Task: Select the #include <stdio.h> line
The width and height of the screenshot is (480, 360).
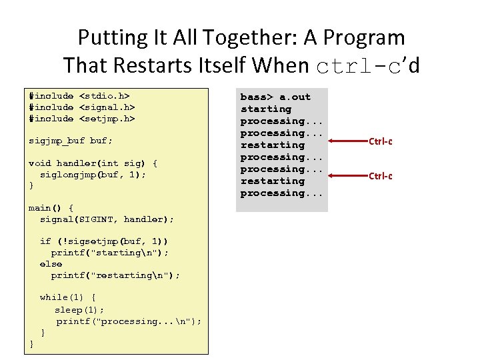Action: tap(79, 97)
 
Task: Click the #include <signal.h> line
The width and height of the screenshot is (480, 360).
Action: tap(82, 107)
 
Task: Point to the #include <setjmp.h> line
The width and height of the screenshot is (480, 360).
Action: tap(82, 119)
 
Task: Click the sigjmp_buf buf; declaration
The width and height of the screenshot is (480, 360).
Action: tap(71, 141)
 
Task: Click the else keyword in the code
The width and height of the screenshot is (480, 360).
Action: tap(51, 264)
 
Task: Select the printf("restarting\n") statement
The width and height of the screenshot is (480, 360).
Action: tap(115, 275)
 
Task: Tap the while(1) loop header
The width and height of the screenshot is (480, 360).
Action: tap(67, 298)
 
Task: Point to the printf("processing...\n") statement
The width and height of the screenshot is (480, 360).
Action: tap(129, 321)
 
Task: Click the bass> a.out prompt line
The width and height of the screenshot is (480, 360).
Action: tap(275, 97)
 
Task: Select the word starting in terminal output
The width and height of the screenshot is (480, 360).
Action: tap(266, 109)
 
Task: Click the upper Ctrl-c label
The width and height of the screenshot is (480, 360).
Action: tap(380, 141)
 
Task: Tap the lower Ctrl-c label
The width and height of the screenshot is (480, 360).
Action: tap(380, 176)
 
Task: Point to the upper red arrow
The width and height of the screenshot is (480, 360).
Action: tap(337, 141)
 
